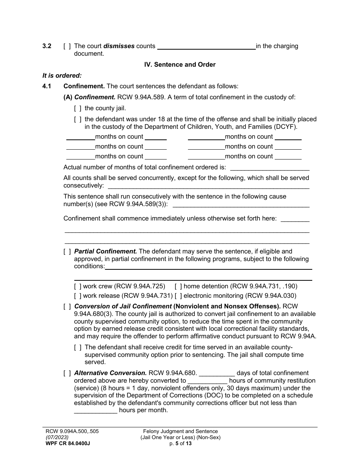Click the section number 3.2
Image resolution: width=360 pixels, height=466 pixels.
[47, 46]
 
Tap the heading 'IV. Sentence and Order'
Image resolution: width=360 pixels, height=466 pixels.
[180, 64]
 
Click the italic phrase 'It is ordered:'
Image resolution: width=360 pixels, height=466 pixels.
[62, 75]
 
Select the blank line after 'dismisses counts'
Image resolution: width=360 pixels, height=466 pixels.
[206, 47]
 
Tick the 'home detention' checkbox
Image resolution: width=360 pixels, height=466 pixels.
[178, 286]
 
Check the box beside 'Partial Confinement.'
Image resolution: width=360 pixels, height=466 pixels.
[67, 252]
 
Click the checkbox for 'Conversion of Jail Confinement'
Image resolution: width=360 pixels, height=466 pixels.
[67, 306]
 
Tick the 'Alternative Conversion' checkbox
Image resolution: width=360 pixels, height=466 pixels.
[67, 373]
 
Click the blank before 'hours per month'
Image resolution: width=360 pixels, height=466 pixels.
[95, 411]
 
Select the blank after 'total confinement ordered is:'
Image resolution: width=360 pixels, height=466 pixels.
[269, 168]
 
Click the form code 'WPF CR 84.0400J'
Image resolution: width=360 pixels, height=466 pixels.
[67, 444]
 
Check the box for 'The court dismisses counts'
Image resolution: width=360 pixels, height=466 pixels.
[67, 47]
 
